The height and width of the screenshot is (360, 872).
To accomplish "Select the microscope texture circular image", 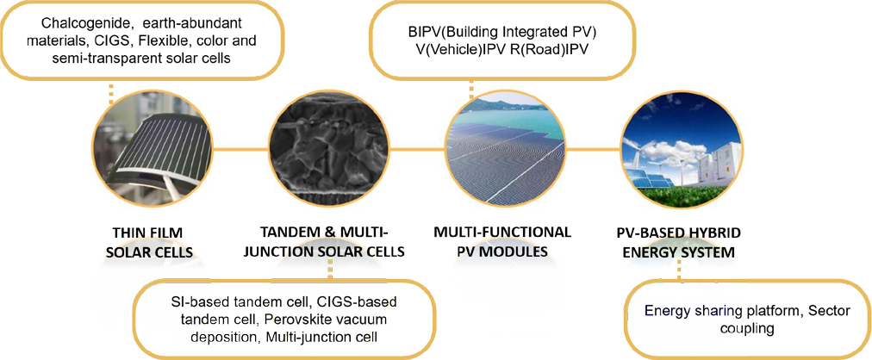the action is click(330, 150).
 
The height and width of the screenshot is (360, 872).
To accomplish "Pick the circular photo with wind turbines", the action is click(682, 150).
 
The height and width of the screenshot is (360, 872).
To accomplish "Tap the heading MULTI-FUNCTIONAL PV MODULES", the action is click(502, 242).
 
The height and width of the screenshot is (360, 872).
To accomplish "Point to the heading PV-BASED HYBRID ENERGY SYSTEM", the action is click(678, 242).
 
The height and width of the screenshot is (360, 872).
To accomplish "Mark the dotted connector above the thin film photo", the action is click(111, 94).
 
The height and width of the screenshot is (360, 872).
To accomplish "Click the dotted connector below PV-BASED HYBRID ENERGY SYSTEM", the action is click(678, 272).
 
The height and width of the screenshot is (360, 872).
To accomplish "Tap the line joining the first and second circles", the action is click(241, 150).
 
